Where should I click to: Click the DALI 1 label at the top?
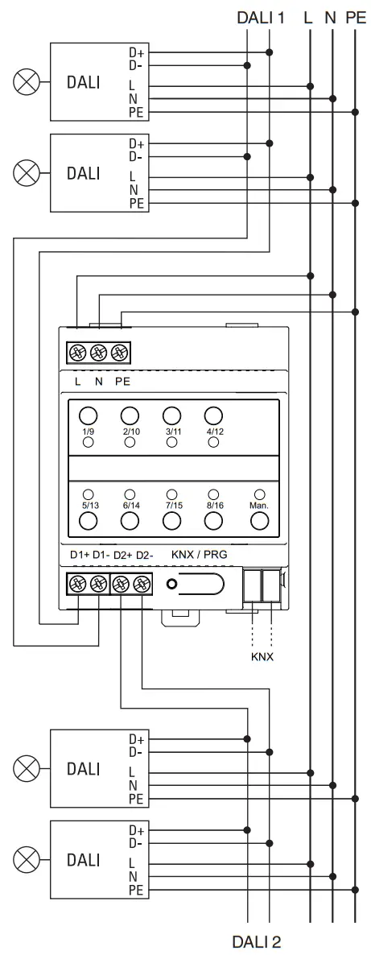pyautogui.click(x=261, y=15)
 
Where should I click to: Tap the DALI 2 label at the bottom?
pyautogui.click(x=258, y=941)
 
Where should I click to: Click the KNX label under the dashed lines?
pyautogui.click(x=262, y=656)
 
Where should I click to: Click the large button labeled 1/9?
pyautogui.click(x=89, y=415)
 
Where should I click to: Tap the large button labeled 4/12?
pyautogui.click(x=213, y=415)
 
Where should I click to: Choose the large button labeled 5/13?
pyautogui.click(x=89, y=521)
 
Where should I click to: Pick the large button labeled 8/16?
pyautogui.click(x=213, y=521)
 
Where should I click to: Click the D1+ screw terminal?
pyautogui.click(x=78, y=583)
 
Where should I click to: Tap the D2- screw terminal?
pyautogui.click(x=142, y=583)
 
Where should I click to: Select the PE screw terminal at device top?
pyautogui.click(x=120, y=352)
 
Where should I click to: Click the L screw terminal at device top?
pyautogui.click(x=77, y=352)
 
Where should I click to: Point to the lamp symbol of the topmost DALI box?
pyautogui.click(x=28, y=81)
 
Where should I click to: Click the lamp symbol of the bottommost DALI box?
pyautogui.click(x=28, y=859)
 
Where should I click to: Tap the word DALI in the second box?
pyautogui.click(x=84, y=172)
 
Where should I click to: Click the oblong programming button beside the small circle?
pyautogui.click(x=202, y=584)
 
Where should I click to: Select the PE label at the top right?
pyautogui.click(x=356, y=15)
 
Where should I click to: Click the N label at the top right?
pyautogui.click(x=330, y=15)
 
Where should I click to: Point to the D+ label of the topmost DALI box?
pyautogui.click(x=136, y=52)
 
